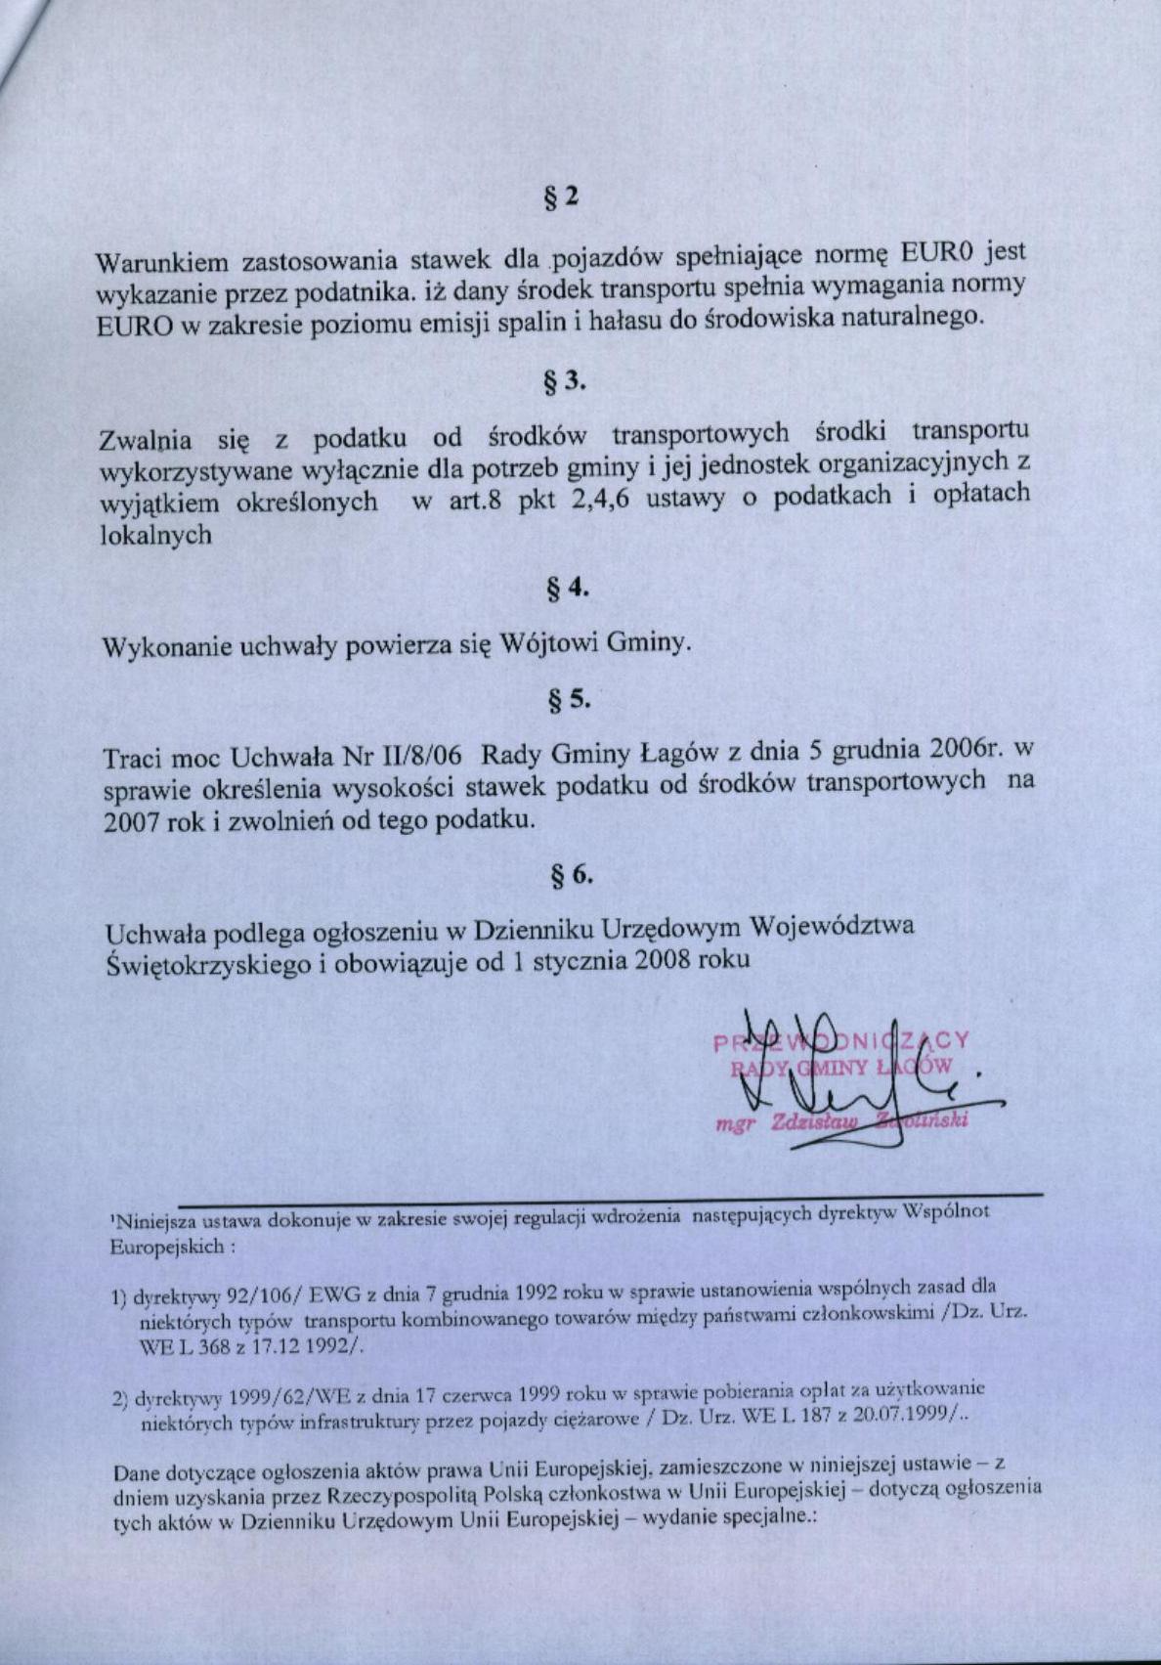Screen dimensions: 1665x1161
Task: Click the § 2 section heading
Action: point(561,196)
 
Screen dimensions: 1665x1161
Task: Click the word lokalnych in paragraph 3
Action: point(156,536)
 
